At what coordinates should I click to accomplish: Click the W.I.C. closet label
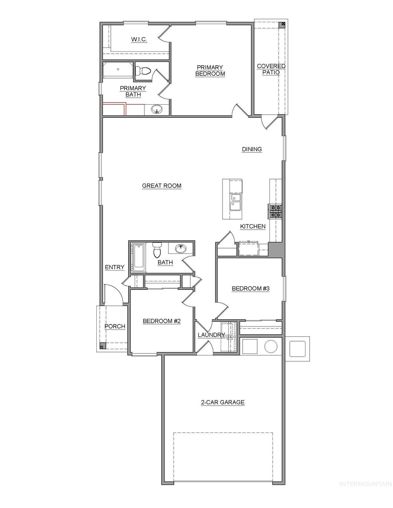[139, 39]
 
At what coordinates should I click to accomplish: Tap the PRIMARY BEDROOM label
[210, 71]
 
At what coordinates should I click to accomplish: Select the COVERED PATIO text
[271, 69]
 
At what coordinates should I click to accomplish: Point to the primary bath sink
[157, 110]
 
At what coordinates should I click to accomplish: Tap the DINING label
[252, 150]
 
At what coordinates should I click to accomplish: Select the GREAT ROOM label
[162, 186]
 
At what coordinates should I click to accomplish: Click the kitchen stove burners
[276, 210]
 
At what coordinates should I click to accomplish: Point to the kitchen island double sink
[235, 202]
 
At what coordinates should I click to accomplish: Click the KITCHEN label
[253, 227]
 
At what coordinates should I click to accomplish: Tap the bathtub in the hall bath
[138, 256]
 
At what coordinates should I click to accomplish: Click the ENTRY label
[114, 267]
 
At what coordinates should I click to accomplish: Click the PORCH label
[115, 326]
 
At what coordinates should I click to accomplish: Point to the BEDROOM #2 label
[162, 321]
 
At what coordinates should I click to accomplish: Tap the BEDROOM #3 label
[250, 289]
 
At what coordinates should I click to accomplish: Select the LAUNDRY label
[211, 335]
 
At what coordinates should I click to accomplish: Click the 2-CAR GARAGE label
[223, 403]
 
